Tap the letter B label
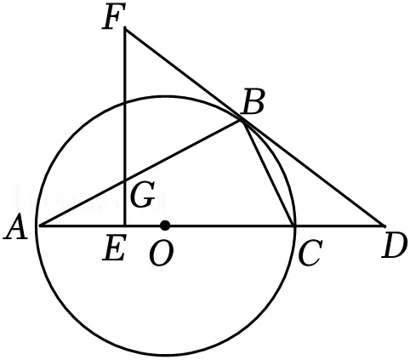253,102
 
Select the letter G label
143,194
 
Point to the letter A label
16,226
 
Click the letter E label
113,248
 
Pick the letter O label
161,254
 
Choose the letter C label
310,253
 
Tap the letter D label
394,247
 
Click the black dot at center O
165,226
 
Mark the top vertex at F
125,29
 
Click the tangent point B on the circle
242,121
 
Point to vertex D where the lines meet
384,226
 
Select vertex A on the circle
37,226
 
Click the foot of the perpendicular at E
125,226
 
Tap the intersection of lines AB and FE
125,180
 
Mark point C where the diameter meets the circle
293,226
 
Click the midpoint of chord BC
267,173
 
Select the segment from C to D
339,226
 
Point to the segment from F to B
183,75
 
